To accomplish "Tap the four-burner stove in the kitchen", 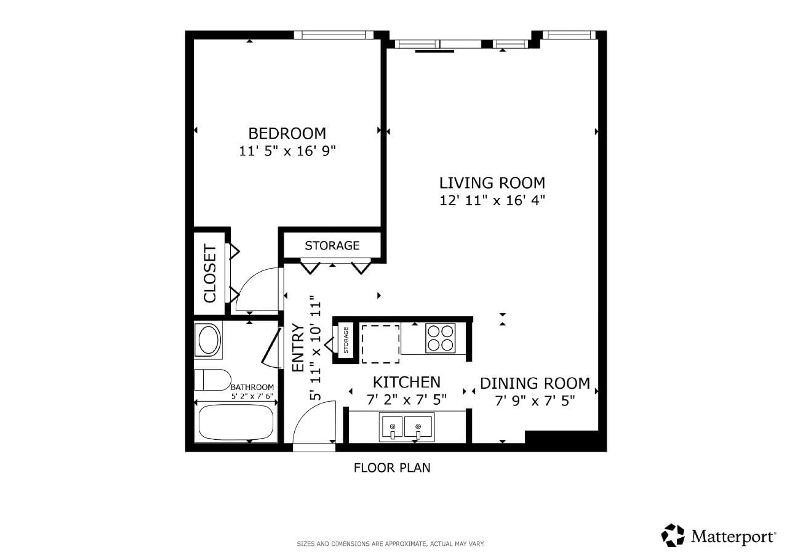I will click(440, 338).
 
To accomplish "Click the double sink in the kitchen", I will click(406, 427).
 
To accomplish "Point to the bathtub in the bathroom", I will click(236, 423).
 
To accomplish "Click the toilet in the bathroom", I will click(212, 380).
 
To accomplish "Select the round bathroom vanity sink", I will click(209, 340).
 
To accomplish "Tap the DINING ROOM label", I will click(535, 384).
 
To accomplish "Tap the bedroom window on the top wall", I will click(333, 35).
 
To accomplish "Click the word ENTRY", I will click(298, 347).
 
